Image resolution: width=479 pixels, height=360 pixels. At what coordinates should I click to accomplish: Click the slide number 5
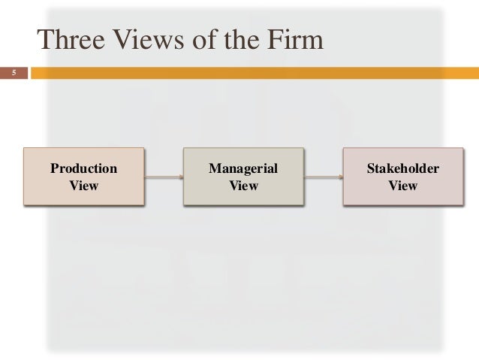coord(13,74)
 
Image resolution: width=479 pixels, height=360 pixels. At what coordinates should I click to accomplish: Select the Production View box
coord(83,177)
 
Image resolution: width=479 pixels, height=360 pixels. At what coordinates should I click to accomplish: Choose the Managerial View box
coord(243,177)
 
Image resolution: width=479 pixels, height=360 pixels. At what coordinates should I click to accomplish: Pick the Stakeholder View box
coord(402,177)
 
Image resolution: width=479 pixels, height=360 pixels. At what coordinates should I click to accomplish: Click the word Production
coord(83,168)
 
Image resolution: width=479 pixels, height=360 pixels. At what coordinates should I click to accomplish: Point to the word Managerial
coord(243,168)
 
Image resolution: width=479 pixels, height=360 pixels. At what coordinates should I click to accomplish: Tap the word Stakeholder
coord(402,168)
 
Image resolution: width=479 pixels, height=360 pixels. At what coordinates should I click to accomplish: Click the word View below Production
coord(83,185)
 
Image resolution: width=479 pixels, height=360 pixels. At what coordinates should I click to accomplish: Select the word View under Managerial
coord(243,185)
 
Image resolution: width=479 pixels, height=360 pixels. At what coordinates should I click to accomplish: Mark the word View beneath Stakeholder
coord(402,185)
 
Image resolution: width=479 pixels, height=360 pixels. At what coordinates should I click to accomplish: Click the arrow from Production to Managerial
coord(163,177)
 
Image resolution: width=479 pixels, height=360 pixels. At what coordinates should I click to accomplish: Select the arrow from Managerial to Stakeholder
coord(323,177)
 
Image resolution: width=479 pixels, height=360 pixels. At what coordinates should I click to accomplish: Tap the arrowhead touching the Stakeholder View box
coord(341,177)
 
